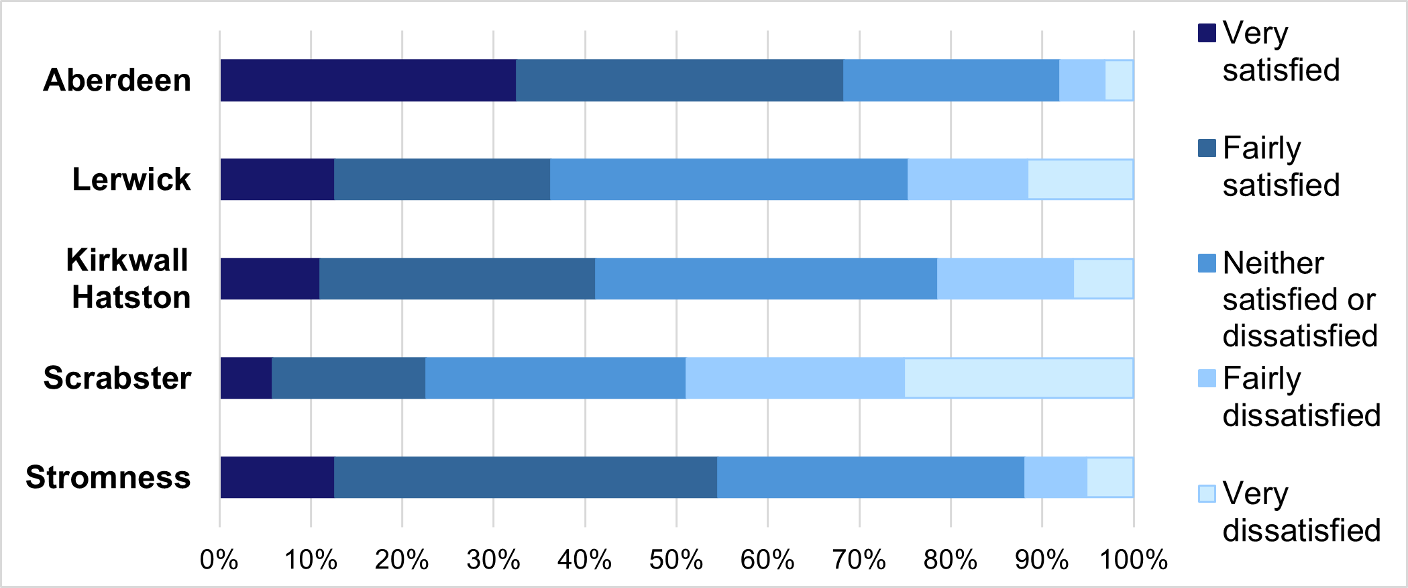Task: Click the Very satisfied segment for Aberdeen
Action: coord(368,81)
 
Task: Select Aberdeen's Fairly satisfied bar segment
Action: coord(679,81)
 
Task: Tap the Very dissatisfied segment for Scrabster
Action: coord(1018,378)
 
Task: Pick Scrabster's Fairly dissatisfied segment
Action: coord(795,378)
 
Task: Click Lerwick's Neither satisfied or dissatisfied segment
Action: coord(728,179)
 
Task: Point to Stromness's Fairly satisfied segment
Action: coord(525,477)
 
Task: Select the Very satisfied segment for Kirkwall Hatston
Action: coord(270,279)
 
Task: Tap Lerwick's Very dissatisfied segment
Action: coord(1080,179)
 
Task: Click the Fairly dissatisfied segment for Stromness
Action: coord(1055,477)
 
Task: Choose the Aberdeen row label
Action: coord(117,81)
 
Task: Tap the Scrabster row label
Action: coord(117,378)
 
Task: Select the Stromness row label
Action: coord(108,477)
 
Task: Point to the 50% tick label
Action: coord(675,559)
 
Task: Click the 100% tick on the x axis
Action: coord(1133,559)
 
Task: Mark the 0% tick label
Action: coord(219,559)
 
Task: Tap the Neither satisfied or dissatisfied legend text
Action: coord(1299,299)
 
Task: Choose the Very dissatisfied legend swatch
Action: coord(1207,493)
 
